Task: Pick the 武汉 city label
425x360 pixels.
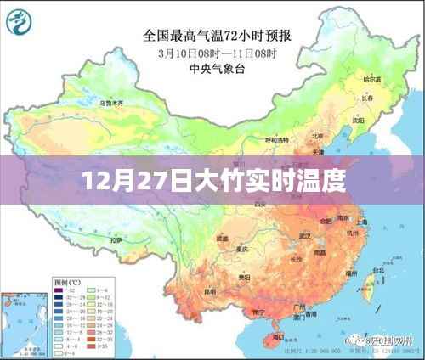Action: point(295,222)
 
